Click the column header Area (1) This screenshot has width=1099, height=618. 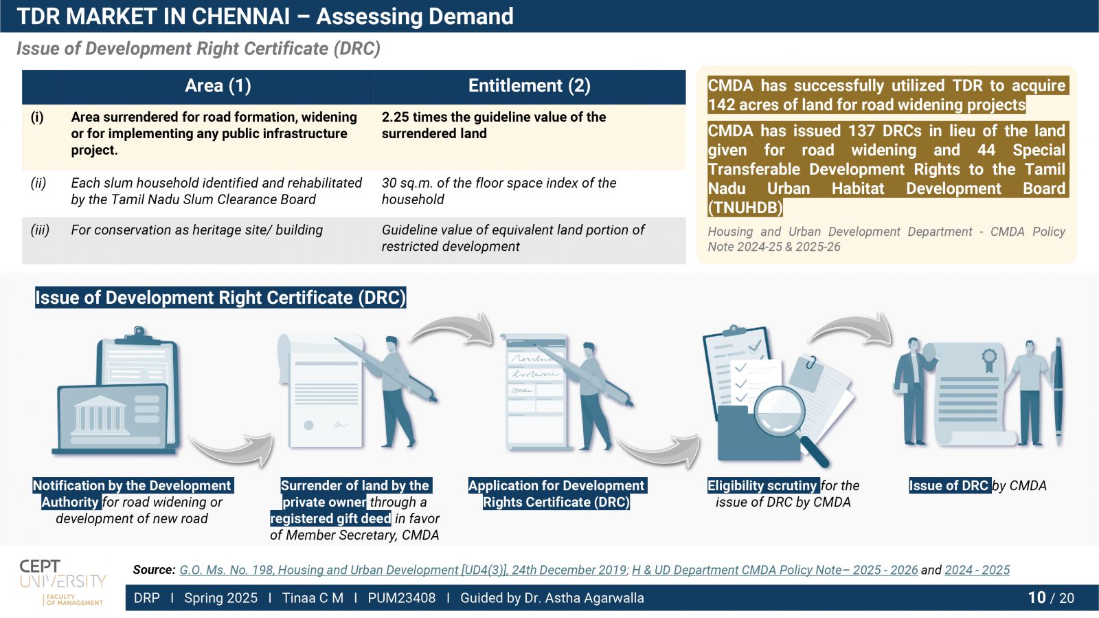pyautogui.click(x=218, y=86)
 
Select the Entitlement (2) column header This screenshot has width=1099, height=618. pyautogui.click(x=529, y=86)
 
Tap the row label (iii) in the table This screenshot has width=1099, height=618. pyautogui.click(x=40, y=230)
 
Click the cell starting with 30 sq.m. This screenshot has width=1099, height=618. pyautogui.click(x=499, y=191)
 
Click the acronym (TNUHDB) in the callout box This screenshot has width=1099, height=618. pyautogui.click(x=745, y=208)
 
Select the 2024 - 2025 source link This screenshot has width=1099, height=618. pyautogui.click(x=977, y=570)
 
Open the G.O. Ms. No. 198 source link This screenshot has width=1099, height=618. pyautogui.click(x=403, y=570)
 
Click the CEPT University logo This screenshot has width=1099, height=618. pyautogui.click(x=63, y=582)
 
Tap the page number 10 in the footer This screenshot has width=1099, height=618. pyautogui.click(x=1036, y=597)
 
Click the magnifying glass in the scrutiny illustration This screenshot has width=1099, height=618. pyautogui.click(x=788, y=421)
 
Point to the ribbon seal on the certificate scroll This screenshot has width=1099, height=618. pyautogui.click(x=989, y=361)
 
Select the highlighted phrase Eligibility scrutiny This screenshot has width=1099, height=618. pyautogui.click(x=763, y=485)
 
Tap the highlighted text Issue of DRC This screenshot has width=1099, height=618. pyautogui.click(x=950, y=485)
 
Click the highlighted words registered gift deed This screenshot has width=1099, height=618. pyautogui.click(x=330, y=518)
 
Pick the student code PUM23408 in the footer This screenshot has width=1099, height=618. pyautogui.click(x=401, y=598)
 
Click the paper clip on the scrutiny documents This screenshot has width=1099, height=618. pyautogui.click(x=811, y=363)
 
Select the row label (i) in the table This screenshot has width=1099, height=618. pyautogui.click(x=37, y=118)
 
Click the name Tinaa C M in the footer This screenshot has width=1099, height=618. pyautogui.click(x=313, y=598)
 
